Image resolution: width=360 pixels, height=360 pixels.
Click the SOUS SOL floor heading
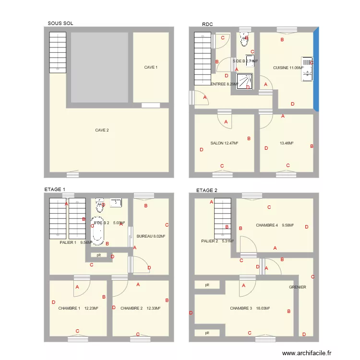(x=60, y=23)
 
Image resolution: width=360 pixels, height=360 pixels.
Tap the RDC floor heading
(x=207, y=24)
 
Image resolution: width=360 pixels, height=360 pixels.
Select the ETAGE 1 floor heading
(x=55, y=190)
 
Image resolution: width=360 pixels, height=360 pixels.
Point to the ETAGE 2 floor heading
(x=207, y=190)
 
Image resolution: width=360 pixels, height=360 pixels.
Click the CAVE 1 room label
(x=151, y=67)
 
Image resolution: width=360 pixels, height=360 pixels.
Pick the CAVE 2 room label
(x=102, y=130)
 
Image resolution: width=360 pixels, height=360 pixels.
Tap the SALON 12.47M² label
(x=224, y=143)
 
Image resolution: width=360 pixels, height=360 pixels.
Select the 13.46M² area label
(x=286, y=143)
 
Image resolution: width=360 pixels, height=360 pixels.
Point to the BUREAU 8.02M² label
(x=151, y=236)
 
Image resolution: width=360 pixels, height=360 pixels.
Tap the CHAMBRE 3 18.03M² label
(x=250, y=308)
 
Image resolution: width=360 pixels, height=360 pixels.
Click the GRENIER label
(x=298, y=287)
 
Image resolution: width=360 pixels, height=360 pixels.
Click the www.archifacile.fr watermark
(x=307, y=353)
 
